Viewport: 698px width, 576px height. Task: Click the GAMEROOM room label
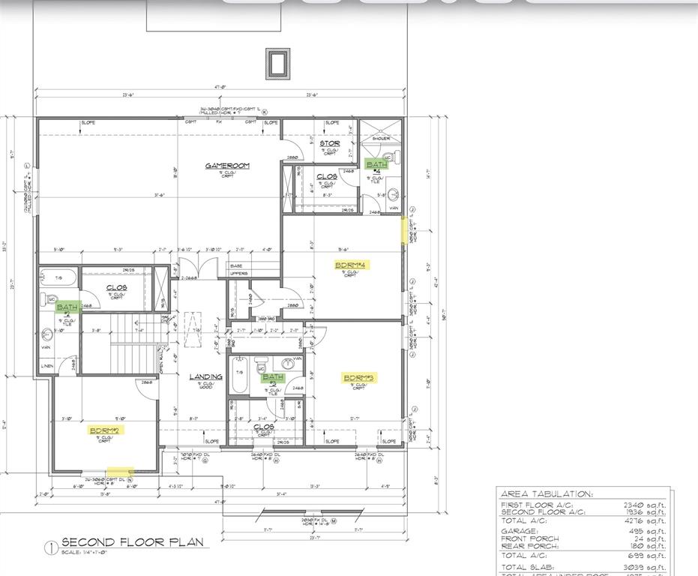point(227,166)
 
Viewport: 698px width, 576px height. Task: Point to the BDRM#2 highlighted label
point(106,430)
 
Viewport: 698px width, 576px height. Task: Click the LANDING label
point(205,377)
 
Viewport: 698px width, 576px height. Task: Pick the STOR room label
point(329,143)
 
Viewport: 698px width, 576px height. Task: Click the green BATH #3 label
point(273,378)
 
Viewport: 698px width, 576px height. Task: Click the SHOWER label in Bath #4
point(381,139)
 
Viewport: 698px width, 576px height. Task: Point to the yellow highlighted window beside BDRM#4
point(405,230)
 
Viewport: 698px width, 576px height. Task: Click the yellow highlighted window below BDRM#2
point(118,472)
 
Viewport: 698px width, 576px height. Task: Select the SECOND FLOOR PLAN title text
point(130,542)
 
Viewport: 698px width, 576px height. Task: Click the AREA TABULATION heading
point(545,494)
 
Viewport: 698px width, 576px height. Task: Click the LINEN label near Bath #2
point(48,365)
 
